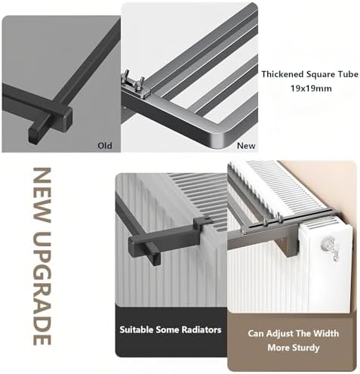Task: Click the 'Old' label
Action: tap(105, 144)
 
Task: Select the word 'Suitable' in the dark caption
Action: tap(142, 330)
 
